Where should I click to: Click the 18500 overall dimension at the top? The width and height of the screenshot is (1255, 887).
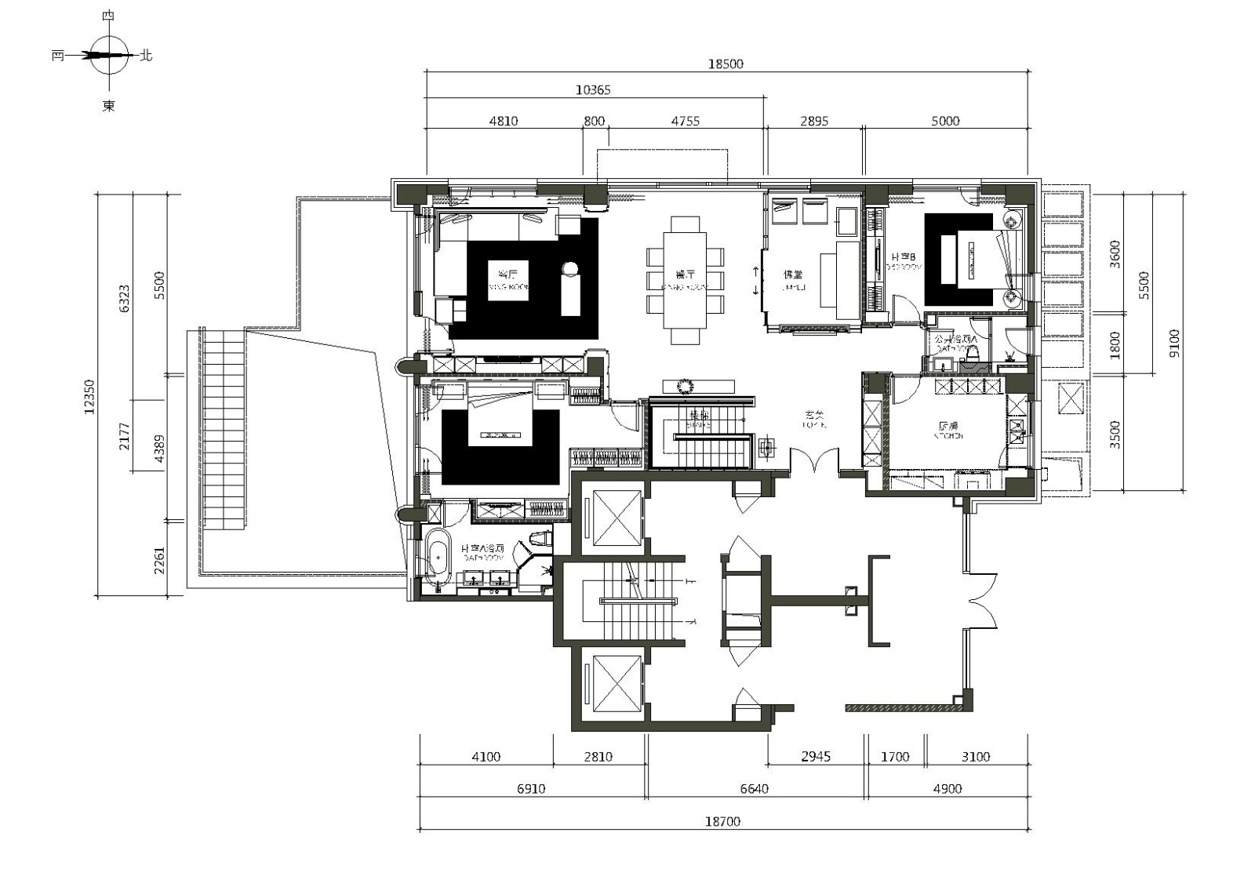(x=725, y=64)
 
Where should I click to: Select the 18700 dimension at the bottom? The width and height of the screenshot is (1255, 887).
(x=722, y=821)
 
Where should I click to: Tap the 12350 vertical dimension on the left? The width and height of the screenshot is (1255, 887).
(x=89, y=397)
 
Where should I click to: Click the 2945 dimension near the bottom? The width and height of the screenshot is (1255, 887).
(x=815, y=756)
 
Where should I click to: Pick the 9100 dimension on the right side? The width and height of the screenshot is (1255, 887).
(x=1173, y=343)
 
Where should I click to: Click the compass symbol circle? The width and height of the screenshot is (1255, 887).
(x=109, y=55)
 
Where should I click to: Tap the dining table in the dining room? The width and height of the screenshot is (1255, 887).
(x=685, y=280)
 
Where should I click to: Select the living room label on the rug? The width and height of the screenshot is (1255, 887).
(x=508, y=279)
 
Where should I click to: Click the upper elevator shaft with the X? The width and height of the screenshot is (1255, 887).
(x=617, y=517)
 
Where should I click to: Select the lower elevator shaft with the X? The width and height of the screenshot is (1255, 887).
(x=617, y=685)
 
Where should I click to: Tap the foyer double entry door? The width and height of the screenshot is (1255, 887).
(x=814, y=463)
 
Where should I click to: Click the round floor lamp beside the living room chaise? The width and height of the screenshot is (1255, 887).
(x=570, y=269)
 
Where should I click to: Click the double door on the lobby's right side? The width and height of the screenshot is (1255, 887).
(x=981, y=602)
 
